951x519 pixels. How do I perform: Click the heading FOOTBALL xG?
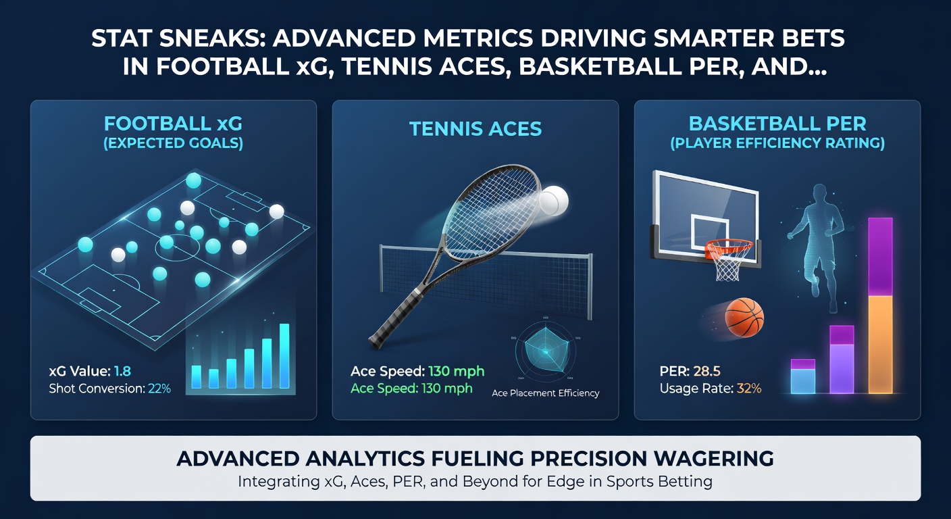[x=174, y=124]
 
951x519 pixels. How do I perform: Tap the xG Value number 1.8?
[x=123, y=370]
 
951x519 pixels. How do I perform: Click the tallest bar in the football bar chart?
[x=284, y=356]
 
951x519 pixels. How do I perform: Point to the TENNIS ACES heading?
[x=475, y=129]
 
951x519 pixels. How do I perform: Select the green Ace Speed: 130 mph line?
[x=411, y=389]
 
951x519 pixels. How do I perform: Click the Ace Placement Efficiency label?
[x=545, y=393]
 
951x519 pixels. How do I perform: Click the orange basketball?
[x=744, y=317]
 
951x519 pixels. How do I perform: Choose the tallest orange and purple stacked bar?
[x=880, y=305]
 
